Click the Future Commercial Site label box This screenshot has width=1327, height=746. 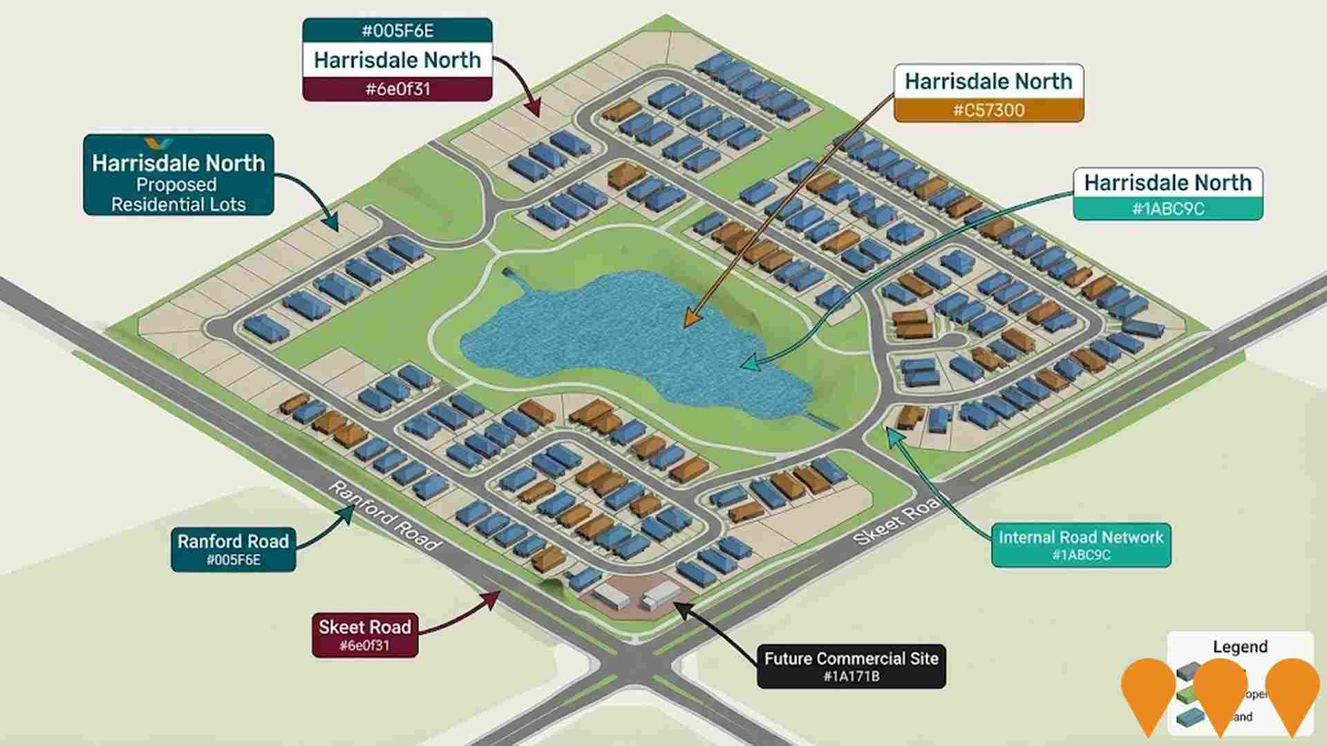click(851, 667)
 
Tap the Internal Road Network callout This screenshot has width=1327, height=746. click(1080, 545)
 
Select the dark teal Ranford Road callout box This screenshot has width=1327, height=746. click(233, 549)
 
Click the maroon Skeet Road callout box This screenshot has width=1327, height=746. click(364, 635)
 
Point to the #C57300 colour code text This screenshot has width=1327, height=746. click(988, 111)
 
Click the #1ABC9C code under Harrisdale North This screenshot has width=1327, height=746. click(1167, 209)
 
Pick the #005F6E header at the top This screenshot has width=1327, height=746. click(397, 30)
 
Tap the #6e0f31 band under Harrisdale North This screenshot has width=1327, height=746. click(397, 89)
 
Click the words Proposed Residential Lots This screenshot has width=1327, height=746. click(178, 195)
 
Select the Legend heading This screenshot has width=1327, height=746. click(1240, 647)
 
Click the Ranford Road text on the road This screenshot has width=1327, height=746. click(384, 515)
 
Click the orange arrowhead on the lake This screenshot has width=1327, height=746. click(690, 320)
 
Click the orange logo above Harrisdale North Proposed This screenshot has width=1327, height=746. click(160, 143)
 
